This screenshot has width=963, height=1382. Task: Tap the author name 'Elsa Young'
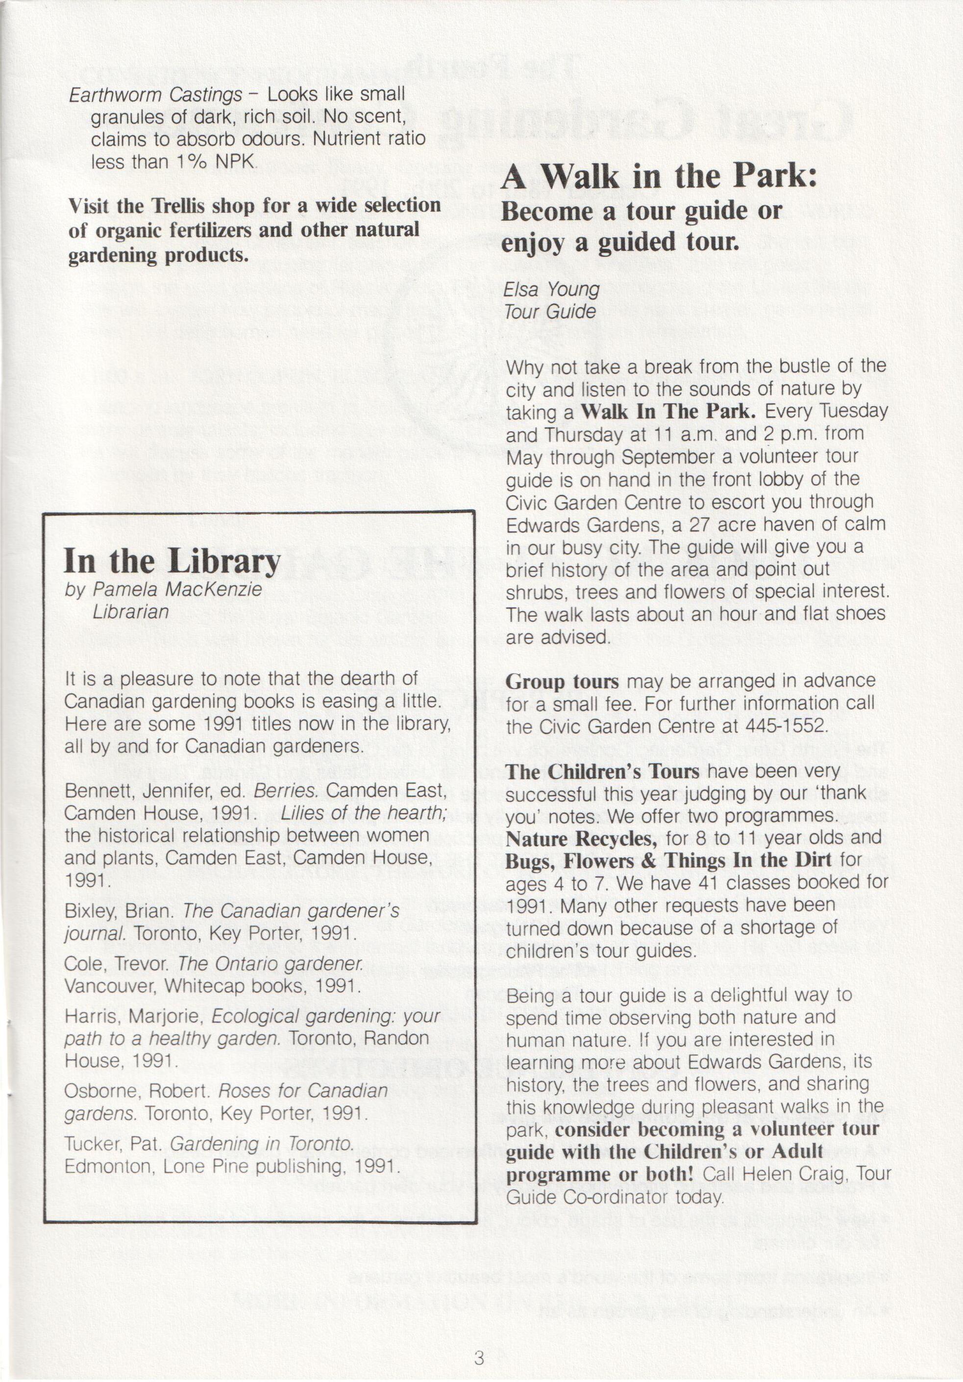(x=552, y=290)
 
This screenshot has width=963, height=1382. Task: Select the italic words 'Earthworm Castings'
(x=156, y=95)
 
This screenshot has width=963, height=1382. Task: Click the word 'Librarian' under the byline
(x=131, y=612)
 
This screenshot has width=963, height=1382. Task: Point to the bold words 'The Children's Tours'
(x=602, y=772)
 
